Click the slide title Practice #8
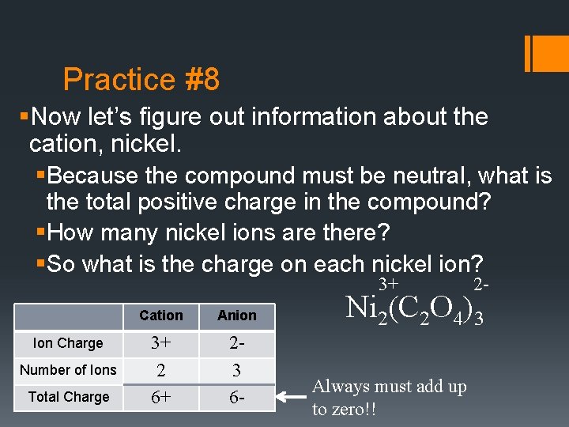[x=141, y=80]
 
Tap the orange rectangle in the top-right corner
[x=545, y=54]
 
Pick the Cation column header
[x=160, y=316]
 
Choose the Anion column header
[x=237, y=316]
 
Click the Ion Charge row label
[x=68, y=343]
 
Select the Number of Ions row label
[x=68, y=370]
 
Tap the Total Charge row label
[x=68, y=397]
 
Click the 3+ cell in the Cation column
[x=160, y=343]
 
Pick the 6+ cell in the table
[x=160, y=397]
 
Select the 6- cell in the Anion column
[x=237, y=397]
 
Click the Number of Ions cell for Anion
[x=237, y=370]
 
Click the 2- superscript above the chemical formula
[x=480, y=283]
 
